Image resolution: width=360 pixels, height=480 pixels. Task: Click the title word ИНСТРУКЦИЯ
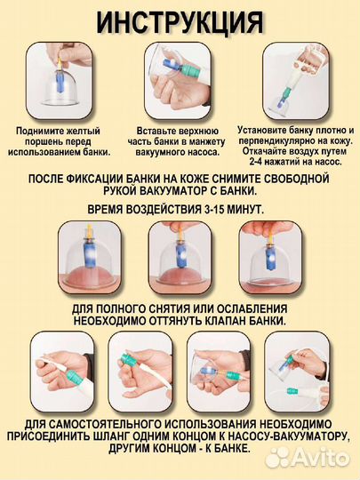tap(180, 20)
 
